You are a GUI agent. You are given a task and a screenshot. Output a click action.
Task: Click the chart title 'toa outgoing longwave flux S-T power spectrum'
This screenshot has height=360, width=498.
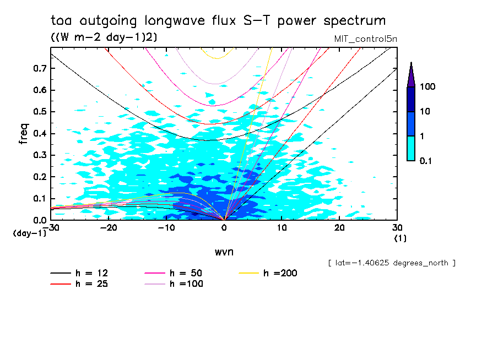tap(218, 21)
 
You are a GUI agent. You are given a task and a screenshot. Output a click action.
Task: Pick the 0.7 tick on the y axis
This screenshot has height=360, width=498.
tap(40, 68)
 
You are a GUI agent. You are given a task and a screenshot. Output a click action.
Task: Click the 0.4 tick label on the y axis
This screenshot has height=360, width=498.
tap(40, 133)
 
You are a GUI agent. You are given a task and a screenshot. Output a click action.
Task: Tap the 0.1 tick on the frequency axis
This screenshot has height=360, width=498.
tap(40, 198)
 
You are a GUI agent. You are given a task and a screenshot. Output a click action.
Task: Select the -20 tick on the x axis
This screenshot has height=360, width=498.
tap(108, 228)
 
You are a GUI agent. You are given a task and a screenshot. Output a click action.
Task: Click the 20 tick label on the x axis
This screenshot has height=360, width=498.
tap(339, 228)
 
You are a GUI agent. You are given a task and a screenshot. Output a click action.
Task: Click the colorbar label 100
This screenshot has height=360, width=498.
tap(427, 87)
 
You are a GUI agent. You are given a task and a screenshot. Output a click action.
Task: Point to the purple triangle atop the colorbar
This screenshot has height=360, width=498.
tap(411, 75)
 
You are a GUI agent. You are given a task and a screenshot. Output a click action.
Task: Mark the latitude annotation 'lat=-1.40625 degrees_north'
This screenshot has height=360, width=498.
tap(391, 263)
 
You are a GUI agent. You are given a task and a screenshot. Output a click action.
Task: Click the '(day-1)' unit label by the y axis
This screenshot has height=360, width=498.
tap(30, 233)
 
